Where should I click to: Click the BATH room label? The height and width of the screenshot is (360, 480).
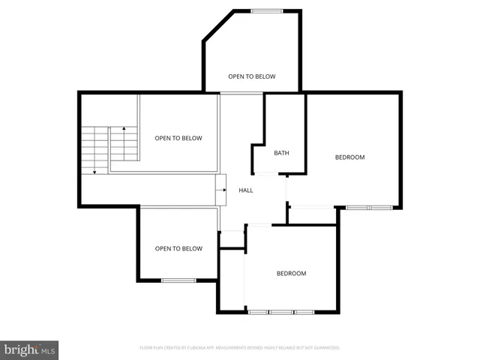coord(281,153)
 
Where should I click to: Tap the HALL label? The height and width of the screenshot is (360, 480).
coord(246,190)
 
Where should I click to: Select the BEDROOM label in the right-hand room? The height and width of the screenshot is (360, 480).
coord(349,157)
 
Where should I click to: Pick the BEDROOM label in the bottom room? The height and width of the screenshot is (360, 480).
coord(291,274)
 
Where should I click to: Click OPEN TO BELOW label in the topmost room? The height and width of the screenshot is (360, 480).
coord(252,76)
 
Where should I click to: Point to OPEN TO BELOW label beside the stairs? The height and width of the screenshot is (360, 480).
coord(178,138)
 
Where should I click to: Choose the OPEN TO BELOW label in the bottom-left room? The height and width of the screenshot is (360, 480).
coord(178,249)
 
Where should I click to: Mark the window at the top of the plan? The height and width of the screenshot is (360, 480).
coord(266,10)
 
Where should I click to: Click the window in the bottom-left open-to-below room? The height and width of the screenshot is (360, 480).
coord(178,280)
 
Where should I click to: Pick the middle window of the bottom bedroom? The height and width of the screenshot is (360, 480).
coord(282,311)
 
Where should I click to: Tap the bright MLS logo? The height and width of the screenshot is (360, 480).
coord(29,349)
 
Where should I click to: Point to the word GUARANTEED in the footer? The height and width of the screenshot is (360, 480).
coord(327,348)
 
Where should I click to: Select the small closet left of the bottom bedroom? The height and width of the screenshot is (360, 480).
coord(232,239)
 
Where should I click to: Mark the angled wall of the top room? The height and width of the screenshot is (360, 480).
coord(217,26)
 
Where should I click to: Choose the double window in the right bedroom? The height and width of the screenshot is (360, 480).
coord(368,206)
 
